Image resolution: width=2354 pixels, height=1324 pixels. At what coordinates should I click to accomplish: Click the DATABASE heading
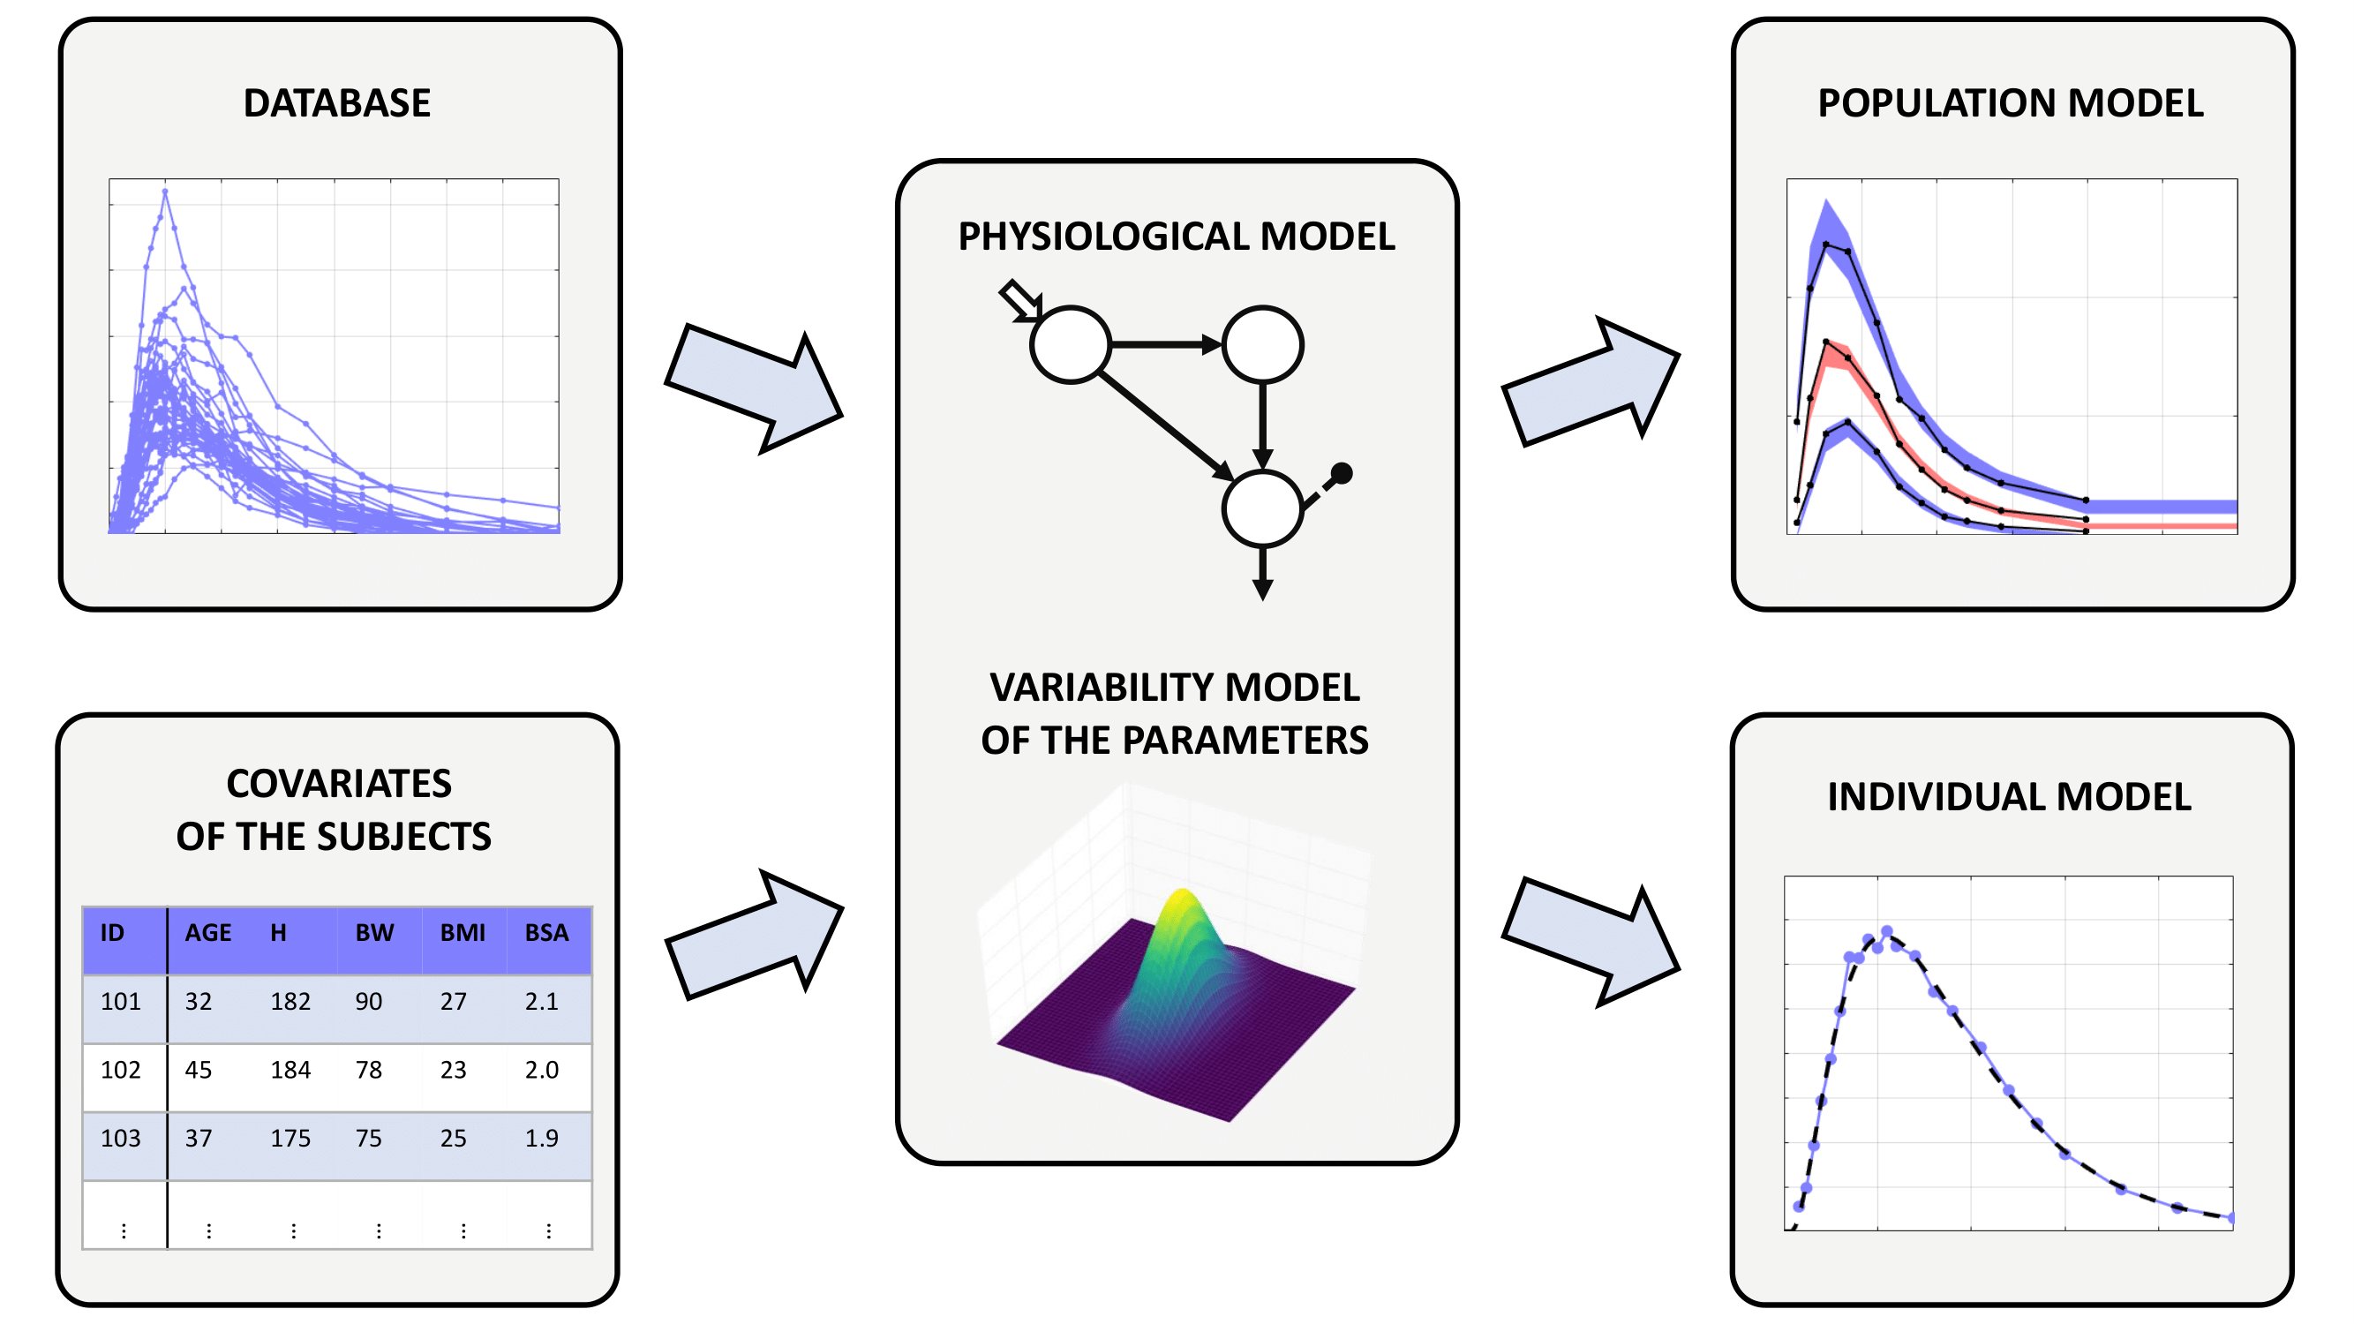pos(336,102)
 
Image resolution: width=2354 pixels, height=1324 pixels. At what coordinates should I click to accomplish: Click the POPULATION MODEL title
pos(2010,102)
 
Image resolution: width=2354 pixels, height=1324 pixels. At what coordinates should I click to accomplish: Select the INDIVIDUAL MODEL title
pos(2008,796)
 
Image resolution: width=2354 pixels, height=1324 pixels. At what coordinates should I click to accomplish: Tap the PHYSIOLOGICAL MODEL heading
pos(1175,236)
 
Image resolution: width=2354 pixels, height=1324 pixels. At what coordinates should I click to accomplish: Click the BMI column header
pos(463,932)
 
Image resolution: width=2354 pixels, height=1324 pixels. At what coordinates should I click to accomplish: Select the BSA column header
pos(545,932)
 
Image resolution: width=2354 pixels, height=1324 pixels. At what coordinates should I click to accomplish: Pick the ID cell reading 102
pos(121,1069)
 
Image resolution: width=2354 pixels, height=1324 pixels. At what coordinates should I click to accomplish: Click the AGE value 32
pos(199,1001)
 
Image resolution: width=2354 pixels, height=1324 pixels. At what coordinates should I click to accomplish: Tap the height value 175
pos(290,1138)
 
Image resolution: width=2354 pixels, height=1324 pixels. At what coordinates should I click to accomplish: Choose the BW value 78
pos(368,1069)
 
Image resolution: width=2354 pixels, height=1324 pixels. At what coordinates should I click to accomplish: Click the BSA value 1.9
pos(541,1138)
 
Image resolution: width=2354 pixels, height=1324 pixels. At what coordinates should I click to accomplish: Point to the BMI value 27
pos(454,1001)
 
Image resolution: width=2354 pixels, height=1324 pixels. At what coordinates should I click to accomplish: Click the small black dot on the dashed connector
pos(1341,472)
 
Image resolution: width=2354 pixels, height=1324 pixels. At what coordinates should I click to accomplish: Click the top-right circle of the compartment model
pos(1262,344)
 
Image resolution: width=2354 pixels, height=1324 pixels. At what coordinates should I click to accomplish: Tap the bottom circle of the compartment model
pos(1262,508)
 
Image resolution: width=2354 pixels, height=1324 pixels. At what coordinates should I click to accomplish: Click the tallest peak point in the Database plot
pos(165,192)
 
